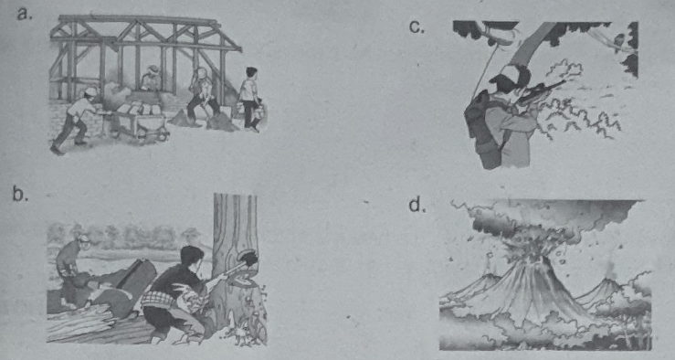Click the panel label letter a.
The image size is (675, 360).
(24, 15)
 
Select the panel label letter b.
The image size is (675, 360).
(20, 195)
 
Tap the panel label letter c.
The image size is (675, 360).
(417, 27)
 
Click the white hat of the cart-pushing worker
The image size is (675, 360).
(90, 91)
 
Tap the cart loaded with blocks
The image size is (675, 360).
(139, 122)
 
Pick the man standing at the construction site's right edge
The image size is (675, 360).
(249, 99)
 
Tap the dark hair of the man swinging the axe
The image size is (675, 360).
(191, 254)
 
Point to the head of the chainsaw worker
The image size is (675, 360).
(82, 241)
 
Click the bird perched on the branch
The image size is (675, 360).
(619, 43)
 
